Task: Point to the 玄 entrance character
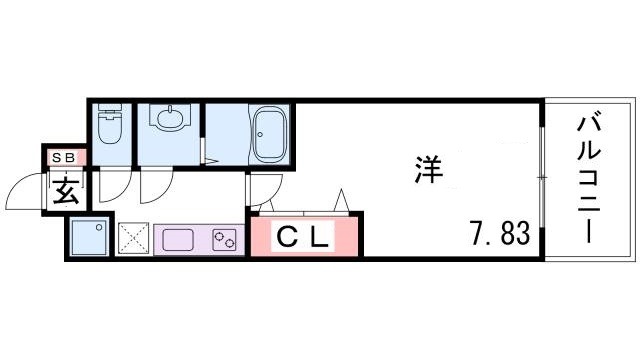(x=67, y=189)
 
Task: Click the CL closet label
(x=302, y=239)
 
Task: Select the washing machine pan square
(x=89, y=238)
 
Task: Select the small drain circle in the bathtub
(x=260, y=134)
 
